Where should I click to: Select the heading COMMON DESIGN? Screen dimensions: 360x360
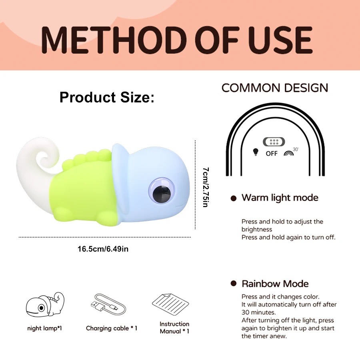274,88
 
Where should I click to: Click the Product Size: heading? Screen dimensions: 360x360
107,97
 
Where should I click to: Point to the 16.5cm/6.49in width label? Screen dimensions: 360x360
103,249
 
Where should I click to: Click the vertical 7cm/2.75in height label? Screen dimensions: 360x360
205,186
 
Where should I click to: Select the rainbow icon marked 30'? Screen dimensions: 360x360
289,152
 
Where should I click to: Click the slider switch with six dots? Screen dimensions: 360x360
274,142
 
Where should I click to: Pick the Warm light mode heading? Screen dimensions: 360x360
280,198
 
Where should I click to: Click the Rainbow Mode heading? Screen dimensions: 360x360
275,284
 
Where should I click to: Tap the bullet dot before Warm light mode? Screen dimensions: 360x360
234,198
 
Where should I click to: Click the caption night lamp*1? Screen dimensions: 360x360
44,328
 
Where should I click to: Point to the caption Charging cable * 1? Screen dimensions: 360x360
112,328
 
